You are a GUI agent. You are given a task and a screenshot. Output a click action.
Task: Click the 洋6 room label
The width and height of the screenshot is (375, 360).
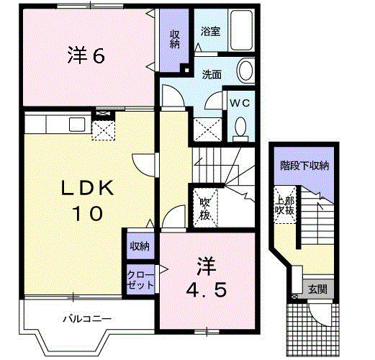pyautogui.click(x=87, y=56)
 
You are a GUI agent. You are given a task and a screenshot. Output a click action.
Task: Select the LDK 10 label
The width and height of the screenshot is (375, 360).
pyautogui.click(x=87, y=201)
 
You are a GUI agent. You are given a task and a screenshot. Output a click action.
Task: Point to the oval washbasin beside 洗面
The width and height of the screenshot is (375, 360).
pyautogui.click(x=245, y=71)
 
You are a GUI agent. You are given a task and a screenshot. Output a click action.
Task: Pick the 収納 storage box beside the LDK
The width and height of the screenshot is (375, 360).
pyautogui.click(x=140, y=246)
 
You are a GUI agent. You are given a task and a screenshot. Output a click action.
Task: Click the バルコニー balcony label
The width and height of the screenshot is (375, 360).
pyautogui.click(x=86, y=318)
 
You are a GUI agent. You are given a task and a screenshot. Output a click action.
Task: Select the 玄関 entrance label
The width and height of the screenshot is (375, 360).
pyautogui.click(x=317, y=289)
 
